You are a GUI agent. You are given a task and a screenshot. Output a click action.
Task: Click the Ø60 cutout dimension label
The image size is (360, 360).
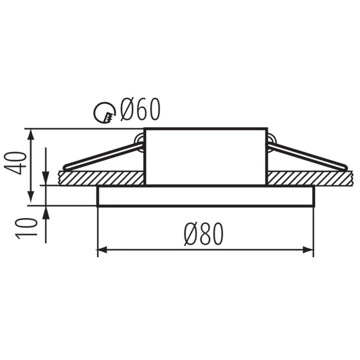pos(140,109)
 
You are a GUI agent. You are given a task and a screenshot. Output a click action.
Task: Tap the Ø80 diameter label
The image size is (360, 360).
pos(204,234)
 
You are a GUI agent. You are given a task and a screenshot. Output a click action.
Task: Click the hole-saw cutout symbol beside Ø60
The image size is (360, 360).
pos(104,113)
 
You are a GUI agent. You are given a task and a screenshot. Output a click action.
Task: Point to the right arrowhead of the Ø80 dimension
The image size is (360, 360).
pos(308,250)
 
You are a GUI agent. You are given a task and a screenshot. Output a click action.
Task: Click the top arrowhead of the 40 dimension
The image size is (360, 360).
pos(31,134)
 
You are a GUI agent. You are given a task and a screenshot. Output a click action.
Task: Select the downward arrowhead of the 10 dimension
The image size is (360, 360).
pos(46,180)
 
